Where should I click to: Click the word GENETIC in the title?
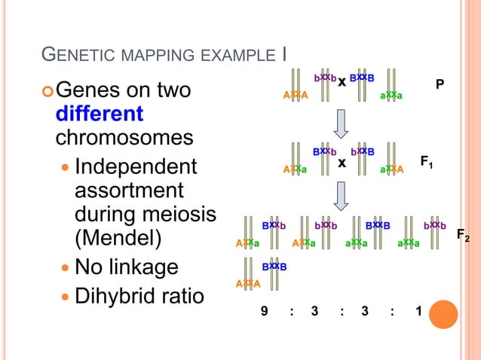[76, 54]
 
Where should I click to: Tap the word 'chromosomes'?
[124, 139]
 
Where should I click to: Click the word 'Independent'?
[136, 166]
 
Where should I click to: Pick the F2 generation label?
[463, 236]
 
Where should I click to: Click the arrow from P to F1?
[341, 124]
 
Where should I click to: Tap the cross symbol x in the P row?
[342, 81]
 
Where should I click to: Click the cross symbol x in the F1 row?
[341, 161]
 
